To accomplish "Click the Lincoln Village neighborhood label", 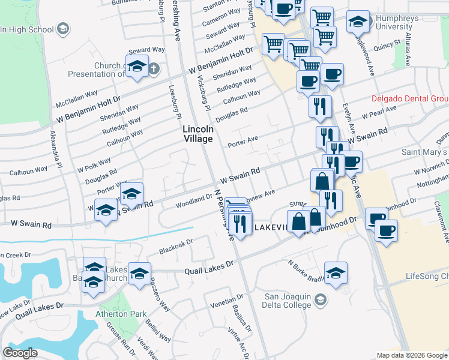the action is pyautogui.click(x=198, y=134).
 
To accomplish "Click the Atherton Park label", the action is pyautogui.click(x=112, y=314).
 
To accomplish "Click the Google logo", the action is pyautogui.click(x=20, y=353).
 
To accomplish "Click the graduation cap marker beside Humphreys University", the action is pyautogui.click(x=358, y=23).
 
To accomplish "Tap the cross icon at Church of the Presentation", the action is pyautogui.click(x=153, y=67).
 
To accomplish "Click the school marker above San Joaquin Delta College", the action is pyautogui.click(x=336, y=272).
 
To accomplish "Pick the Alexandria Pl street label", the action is pyautogui.click(x=56, y=148).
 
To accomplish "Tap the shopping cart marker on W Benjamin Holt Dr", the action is pyautogui.click(x=274, y=43).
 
